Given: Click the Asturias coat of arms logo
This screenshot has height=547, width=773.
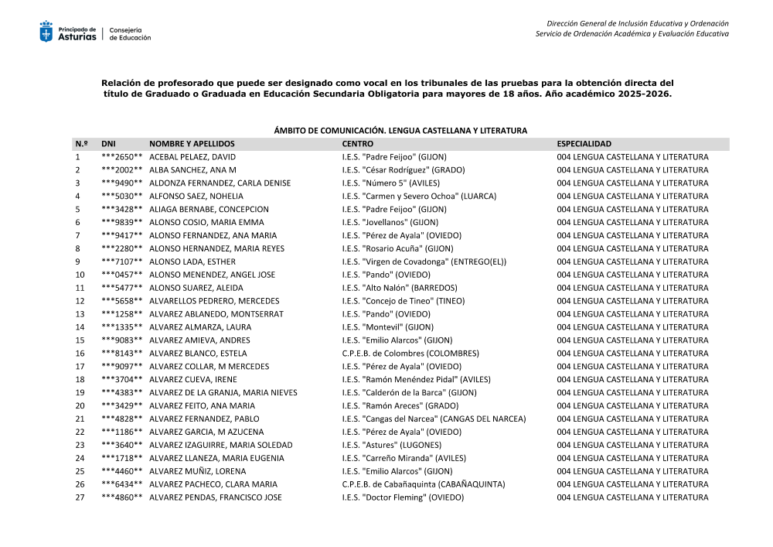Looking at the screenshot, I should pyautogui.click(x=46, y=32).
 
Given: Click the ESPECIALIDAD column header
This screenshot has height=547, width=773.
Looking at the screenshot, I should pyautogui.click(x=584, y=144).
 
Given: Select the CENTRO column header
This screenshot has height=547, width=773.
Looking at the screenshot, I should pyautogui.click(x=357, y=144).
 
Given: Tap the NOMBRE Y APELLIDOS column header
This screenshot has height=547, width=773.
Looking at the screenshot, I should pyautogui.click(x=192, y=144).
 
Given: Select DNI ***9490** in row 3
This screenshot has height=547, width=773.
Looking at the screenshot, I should pyautogui.click(x=121, y=183).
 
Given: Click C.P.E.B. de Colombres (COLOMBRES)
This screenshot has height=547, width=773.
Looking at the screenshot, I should pyautogui.click(x=410, y=354).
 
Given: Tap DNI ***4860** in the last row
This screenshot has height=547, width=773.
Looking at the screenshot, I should pyautogui.click(x=121, y=497).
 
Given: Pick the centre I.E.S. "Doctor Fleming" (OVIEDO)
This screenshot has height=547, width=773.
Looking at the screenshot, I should pyautogui.click(x=403, y=497).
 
